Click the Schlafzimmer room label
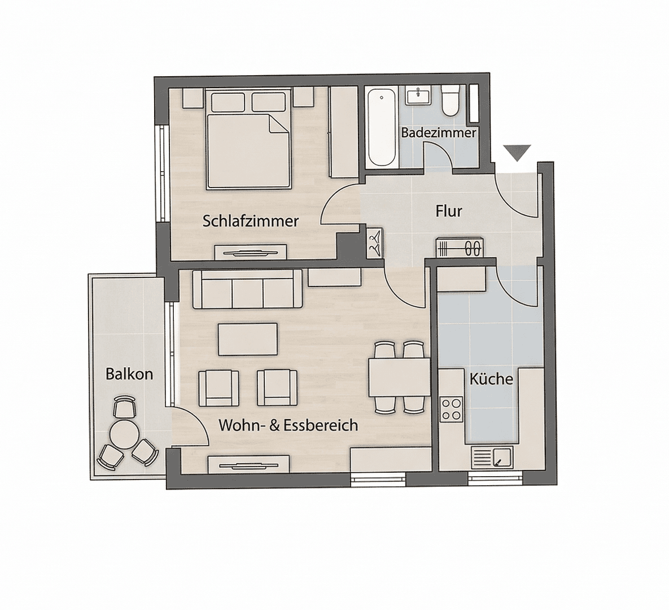point(250,221)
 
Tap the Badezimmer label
point(439,133)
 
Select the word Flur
point(449,211)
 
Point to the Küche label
point(491,379)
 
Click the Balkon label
point(129,374)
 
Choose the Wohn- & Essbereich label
point(288,425)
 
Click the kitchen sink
point(492,456)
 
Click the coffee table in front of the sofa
point(247,339)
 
